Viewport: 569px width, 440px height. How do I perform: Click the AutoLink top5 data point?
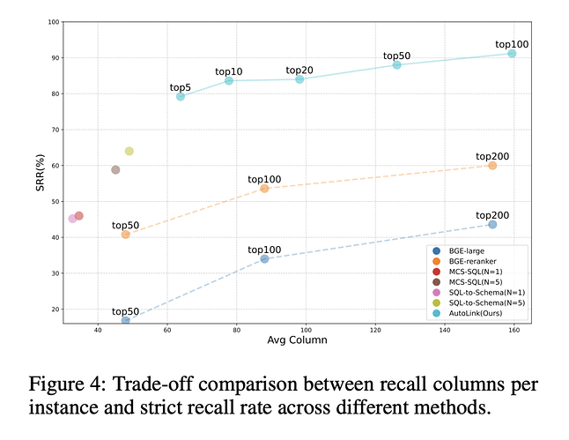pos(181,97)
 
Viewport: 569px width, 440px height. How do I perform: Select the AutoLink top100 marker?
pos(512,54)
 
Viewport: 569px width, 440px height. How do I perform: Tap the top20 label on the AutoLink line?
pos(299,70)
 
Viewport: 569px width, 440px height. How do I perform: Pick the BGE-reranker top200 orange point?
pos(492,166)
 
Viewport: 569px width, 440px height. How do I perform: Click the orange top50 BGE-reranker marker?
pos(125,235)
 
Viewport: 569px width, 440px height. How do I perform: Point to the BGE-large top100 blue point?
pos(264,259)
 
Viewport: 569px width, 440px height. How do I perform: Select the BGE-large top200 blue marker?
pos(492,225)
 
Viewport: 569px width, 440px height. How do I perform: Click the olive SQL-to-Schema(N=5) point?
pos(129,151)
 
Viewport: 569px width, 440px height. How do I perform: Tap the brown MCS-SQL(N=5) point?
pos(115,170)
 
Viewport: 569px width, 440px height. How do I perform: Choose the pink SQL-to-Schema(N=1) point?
pos(72,219)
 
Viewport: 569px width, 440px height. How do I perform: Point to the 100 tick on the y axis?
pos(55,21)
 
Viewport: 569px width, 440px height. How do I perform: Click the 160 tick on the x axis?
pos(514,330)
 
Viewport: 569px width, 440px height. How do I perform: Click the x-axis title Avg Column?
pos(292,341)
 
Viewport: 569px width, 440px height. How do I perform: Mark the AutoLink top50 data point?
pos(397,65)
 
